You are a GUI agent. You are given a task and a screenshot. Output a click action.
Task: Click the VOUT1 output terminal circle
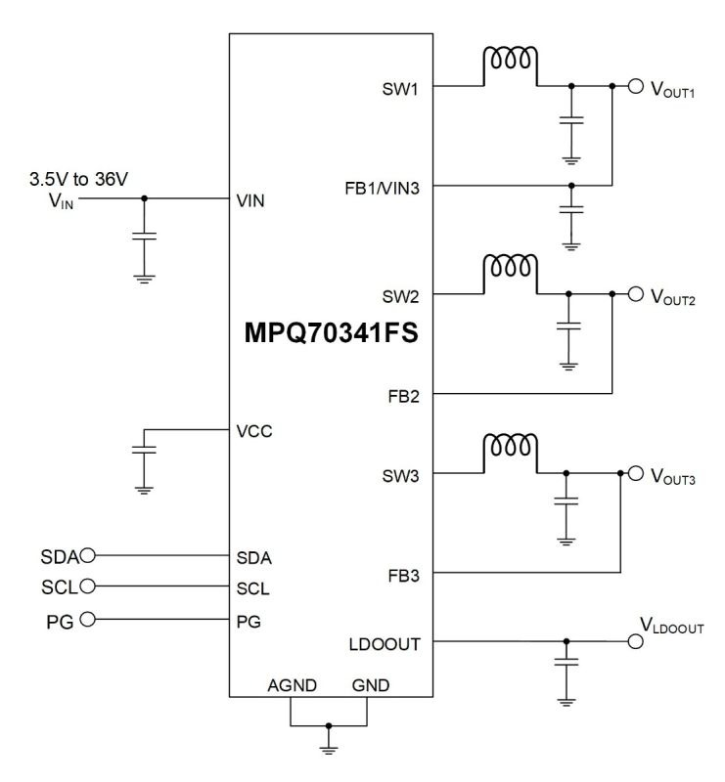(x=634, y=86)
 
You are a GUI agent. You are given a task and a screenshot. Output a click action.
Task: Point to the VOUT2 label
(x=673, y=296)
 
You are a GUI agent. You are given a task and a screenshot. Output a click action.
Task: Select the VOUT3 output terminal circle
(x=634, y=474)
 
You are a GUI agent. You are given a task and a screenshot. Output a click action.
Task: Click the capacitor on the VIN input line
(x=145, y=236)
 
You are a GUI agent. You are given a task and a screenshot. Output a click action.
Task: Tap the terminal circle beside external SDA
(x=89, y=556)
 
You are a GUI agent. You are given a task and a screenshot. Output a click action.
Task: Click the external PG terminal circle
(x=87, y=618)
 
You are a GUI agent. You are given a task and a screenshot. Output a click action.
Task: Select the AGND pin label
(x=291, y=685)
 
